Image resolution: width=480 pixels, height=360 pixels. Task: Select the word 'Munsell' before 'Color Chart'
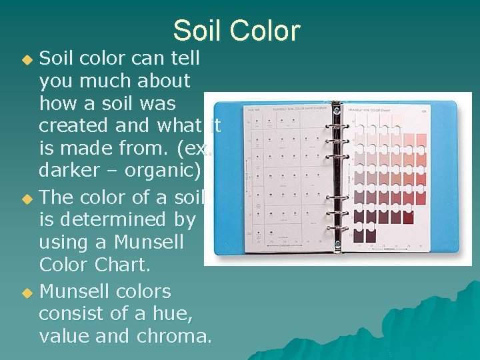tap(145, 242)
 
